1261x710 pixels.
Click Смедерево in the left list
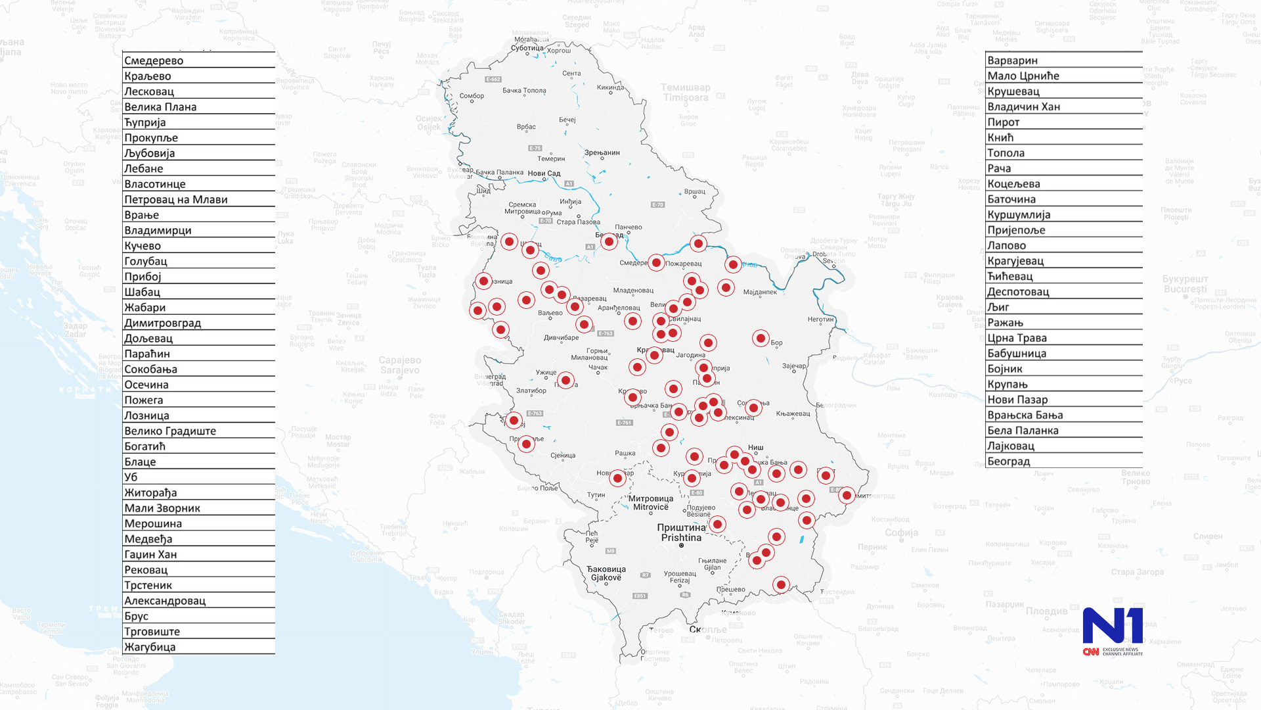154,60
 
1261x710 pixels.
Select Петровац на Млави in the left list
176,199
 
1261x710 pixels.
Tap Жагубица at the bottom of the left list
150,647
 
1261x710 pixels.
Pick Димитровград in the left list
163,323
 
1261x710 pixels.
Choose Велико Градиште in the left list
170,431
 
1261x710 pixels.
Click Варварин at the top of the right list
1013,60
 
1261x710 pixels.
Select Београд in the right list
1009,461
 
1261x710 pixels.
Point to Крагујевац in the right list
1015,261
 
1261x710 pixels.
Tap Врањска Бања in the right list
1025,415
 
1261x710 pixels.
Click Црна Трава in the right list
1017,338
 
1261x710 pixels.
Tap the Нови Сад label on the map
544,174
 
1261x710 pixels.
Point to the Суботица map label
527,48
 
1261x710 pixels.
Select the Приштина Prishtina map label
681,532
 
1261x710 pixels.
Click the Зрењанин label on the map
602,153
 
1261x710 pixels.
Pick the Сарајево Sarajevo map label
399,365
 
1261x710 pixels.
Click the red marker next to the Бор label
761,338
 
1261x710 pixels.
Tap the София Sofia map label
901,532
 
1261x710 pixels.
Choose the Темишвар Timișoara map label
685,93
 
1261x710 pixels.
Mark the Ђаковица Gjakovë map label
606,573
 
